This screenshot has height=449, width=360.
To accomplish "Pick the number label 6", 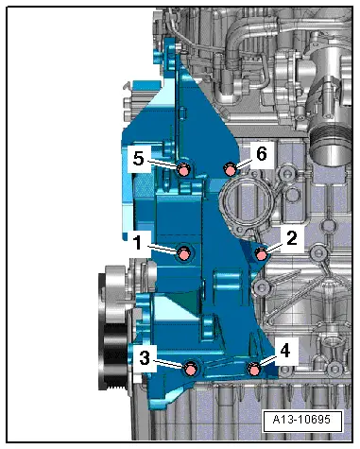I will tap(262, 153).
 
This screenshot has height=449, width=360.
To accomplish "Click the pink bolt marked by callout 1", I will tap(183, 251).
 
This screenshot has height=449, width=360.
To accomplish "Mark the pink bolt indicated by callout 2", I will tap(262, 252).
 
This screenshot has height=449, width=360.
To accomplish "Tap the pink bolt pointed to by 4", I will tap(253, 368).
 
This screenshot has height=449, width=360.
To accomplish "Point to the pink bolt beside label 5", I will tap(183, 169).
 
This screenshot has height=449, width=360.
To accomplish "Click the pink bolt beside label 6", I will tap(229, 169).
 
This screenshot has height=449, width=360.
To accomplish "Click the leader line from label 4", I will tap(267, 359).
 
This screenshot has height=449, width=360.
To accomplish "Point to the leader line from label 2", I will tap(273, 246).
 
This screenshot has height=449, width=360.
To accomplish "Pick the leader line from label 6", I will tap(242, 163).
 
